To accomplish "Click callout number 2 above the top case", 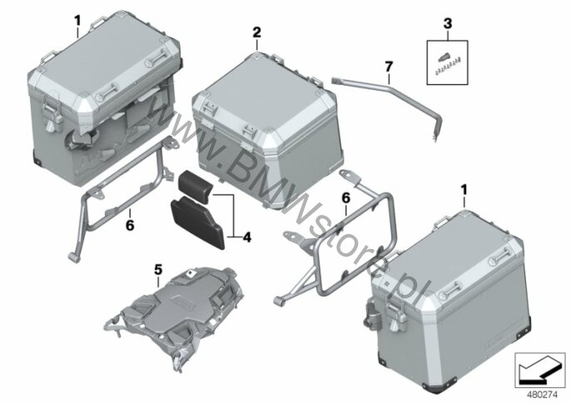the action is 256,32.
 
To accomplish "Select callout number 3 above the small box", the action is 448,23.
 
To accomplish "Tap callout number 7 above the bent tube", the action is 389,67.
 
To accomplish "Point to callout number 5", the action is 158,270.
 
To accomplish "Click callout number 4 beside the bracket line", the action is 247,237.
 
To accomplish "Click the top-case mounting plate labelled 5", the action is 175,316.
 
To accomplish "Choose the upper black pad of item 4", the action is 195,185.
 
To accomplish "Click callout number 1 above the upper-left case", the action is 77,21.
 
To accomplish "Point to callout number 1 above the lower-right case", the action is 464,190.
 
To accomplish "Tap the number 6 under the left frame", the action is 130,225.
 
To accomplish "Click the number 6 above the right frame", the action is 345,198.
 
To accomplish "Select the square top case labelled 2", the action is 267,131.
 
